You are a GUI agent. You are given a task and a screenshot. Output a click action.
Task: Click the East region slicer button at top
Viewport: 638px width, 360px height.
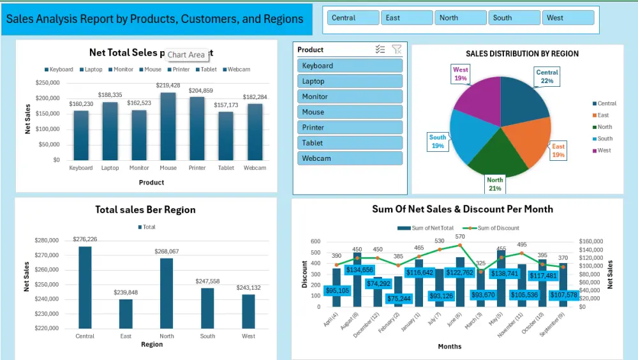(x=406, y=18)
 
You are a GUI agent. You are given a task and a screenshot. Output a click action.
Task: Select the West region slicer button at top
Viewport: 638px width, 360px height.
(x=567, y=18)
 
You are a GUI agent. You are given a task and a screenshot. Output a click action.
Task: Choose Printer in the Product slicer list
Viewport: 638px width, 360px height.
(x=350, y=128)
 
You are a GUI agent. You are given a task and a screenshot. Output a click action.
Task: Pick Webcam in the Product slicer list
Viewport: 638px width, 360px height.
(x=350, y=158)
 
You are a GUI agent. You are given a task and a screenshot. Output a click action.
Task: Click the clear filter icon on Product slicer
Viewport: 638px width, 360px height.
(x=396, y=49)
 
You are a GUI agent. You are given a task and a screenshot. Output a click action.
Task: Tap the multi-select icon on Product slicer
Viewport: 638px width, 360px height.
(x=380, y=49)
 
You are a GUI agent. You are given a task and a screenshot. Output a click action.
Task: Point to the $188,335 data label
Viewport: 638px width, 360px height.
(x=110, y=95)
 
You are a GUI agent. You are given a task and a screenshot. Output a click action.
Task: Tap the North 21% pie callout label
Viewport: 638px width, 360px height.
(x=495, y=184)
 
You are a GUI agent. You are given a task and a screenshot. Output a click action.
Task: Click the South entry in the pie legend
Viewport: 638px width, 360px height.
(x=604, y=139)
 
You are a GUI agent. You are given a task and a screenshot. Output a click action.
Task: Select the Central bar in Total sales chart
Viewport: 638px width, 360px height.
(x=85, y=287)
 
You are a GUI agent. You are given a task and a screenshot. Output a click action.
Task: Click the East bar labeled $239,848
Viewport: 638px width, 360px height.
(x=126, y=313)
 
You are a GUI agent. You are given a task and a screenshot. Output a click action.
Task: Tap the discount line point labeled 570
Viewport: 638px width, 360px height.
(x=459, y=244)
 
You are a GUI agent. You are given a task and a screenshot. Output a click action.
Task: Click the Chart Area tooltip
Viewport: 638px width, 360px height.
(x=186, y=55)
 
